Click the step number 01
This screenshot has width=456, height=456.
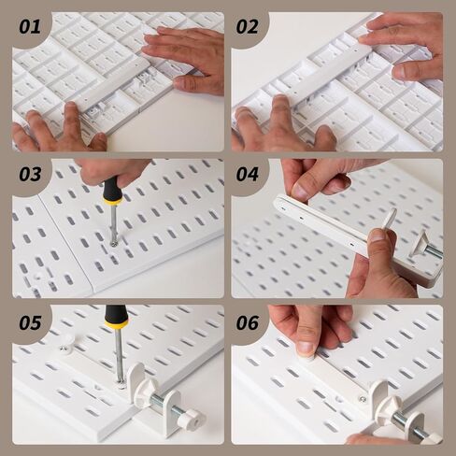[x=30, y=26]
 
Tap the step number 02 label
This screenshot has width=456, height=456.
[x=248, y=26]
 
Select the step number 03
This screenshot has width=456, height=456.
[x=30, y=174]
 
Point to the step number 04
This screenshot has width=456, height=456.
[x=248, y=174]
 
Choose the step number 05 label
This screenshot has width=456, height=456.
[x=30, y=322]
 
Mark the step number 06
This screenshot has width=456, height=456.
[x=248, y=322]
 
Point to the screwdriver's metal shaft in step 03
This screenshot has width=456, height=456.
[x=113, y=224]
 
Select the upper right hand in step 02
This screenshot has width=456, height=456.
[x=406, y=42]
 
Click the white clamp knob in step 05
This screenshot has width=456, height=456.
[x=191, y=418]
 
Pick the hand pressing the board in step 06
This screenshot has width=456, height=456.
[x=308, y=327]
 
